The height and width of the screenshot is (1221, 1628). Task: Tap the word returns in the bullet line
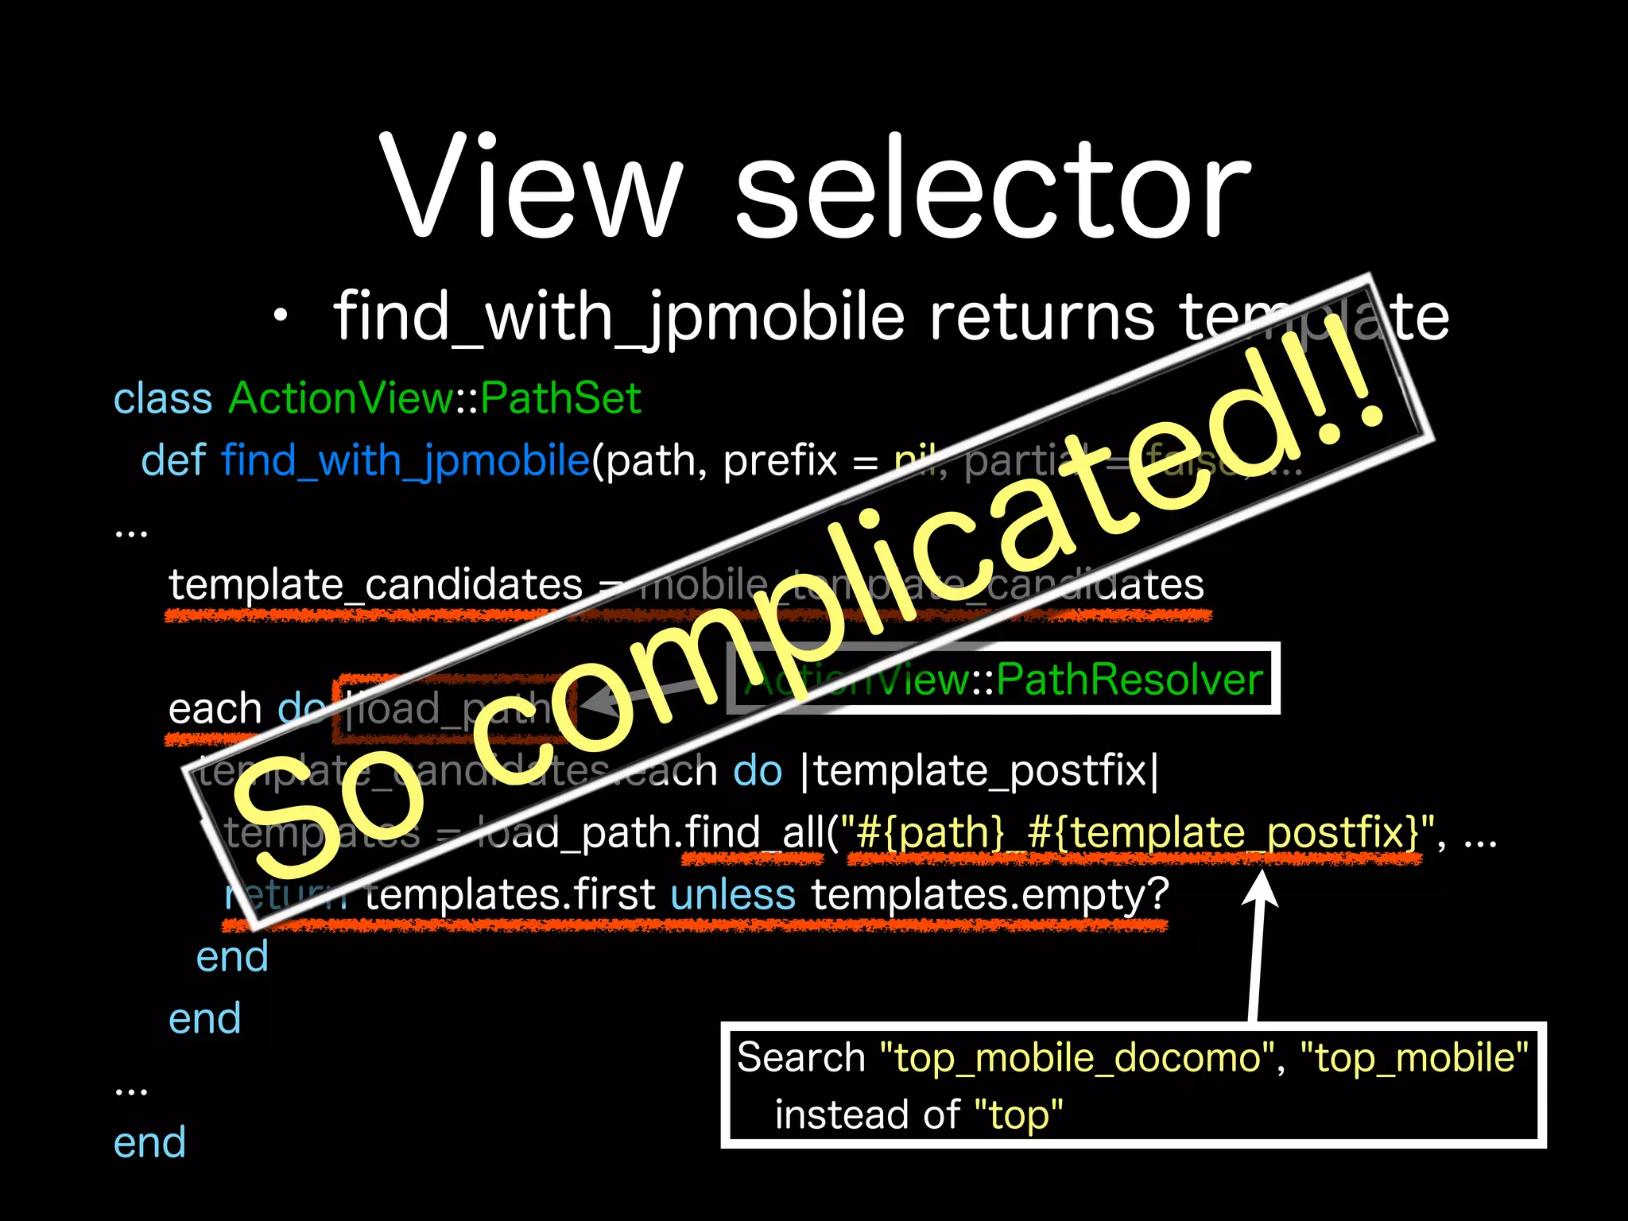[1041, 317]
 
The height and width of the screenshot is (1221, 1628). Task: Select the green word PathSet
[560, 398]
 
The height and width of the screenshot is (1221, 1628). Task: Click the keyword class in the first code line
[163, 398]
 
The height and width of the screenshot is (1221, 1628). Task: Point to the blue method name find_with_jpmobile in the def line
[405, 461]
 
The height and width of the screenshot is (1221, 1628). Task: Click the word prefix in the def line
[780, 461]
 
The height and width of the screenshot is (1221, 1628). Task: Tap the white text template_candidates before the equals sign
[375, 585]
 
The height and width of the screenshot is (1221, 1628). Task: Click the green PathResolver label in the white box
[1129, 680]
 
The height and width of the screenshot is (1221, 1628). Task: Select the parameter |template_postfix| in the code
[982, 770]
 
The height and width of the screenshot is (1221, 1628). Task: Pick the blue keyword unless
[732, 895]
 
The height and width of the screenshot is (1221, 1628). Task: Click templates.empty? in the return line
[990, 895]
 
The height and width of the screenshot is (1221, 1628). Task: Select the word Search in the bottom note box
[800, 1058]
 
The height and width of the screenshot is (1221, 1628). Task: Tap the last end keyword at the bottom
[149, 1142]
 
